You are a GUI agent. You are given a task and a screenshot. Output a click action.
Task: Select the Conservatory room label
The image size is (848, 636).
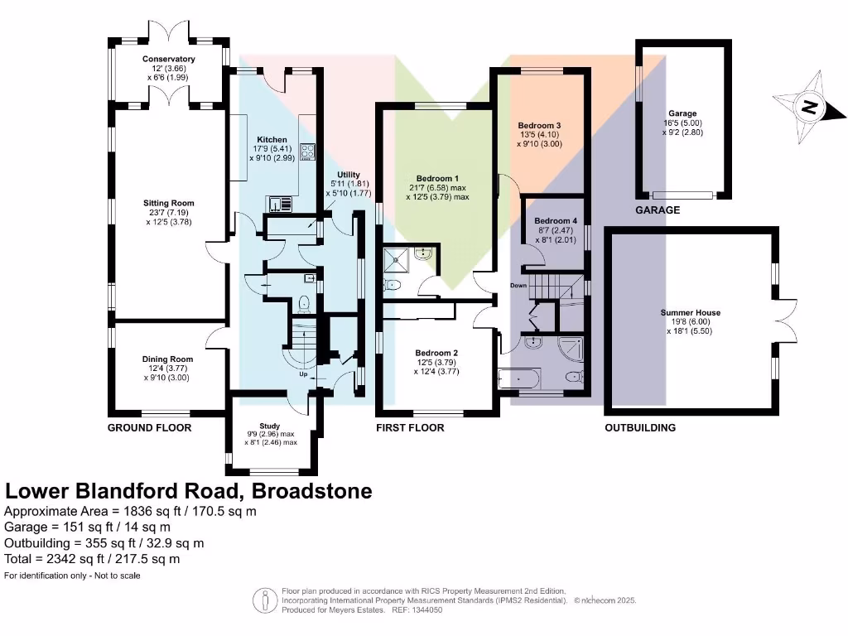coord(168,60)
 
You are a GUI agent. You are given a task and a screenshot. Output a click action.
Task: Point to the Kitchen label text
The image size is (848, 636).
coord(272,140)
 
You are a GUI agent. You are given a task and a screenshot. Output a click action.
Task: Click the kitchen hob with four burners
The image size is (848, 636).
coord(308,152)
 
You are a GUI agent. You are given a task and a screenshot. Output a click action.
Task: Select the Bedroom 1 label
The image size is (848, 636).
coord(437,179)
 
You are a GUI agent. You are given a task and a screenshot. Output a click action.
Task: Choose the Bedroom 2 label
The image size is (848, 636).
coord(436,353)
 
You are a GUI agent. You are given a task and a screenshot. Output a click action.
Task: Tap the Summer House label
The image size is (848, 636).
coord(690,313)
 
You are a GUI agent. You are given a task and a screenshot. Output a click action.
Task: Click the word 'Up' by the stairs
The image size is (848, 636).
coord(304,373)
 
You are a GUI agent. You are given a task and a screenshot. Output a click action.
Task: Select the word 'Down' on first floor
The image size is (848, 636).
coord(518,286)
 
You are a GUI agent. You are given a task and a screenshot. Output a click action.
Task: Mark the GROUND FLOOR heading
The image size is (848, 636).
coord(150,428)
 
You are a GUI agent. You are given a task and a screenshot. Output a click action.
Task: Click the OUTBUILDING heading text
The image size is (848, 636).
coord(640,428)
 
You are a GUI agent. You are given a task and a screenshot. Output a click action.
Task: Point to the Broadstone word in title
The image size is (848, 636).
coord(311,491)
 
